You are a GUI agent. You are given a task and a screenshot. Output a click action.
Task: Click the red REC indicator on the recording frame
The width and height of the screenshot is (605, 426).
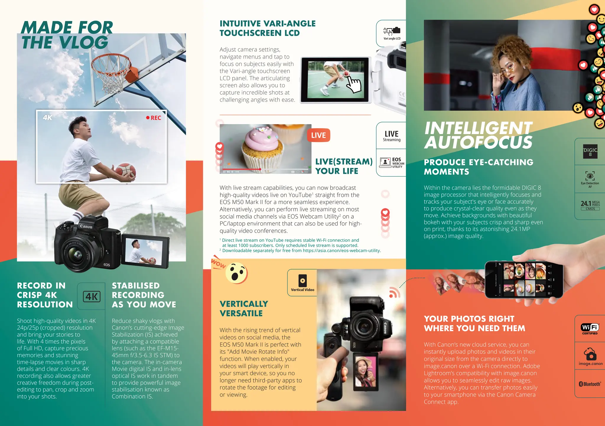[154, 118]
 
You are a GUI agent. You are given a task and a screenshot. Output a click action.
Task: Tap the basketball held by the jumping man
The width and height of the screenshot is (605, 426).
[126, 171]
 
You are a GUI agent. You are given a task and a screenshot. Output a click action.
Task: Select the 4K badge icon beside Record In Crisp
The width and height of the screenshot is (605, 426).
[92, 296]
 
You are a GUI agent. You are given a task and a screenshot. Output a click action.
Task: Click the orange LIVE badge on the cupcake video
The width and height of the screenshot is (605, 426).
[318, 135]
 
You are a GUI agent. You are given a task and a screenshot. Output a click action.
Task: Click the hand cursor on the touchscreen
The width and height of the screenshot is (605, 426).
[353, 84]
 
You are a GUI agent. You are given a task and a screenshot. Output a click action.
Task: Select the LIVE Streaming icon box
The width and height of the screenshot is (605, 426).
[391, 136]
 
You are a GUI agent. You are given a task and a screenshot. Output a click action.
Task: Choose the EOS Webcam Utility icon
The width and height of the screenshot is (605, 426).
[392, 163]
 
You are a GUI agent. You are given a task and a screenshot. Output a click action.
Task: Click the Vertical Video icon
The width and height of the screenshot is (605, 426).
[302, 283]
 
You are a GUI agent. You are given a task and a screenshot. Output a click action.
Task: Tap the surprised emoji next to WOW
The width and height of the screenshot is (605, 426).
[236, 273]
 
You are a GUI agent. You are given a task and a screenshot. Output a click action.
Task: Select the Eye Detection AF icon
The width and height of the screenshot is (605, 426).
[590, 179]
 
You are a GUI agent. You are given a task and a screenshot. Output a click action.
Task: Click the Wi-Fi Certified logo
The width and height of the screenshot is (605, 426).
[590, 329]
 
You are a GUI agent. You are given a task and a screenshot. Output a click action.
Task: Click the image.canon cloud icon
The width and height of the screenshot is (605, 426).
[590, 356]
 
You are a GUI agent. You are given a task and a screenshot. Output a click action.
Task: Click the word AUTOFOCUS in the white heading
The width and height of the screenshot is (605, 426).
[478, 143]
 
